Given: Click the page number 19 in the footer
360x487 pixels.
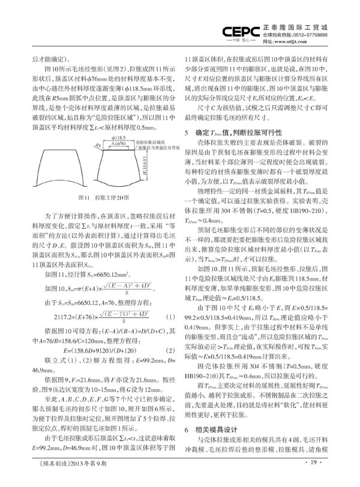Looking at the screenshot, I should click(317, 478).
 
